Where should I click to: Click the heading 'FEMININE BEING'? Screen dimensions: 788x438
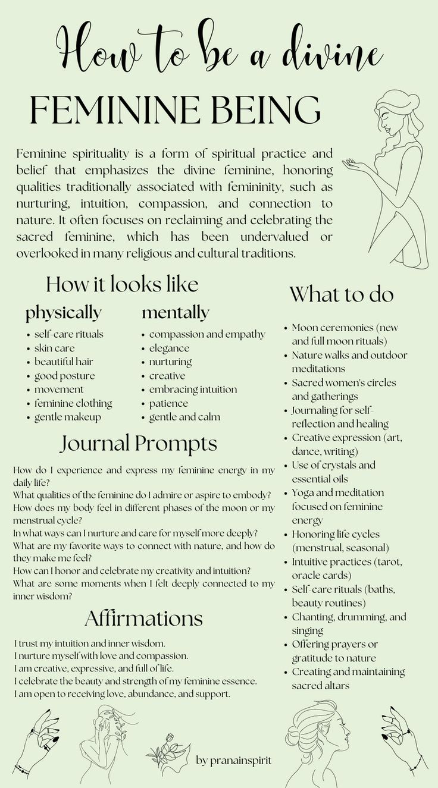[x=176, y=111]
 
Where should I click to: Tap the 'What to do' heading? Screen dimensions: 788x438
[x=342, y=295]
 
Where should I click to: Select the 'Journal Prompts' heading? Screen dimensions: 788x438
[x=138, y=444]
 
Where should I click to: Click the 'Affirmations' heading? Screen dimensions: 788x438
[x=143, y=618]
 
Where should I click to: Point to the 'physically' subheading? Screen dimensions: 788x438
[x=63, y=313]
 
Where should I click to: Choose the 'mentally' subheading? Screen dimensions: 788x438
[x=175, y=313]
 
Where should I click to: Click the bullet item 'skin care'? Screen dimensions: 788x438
[x=54, y=348]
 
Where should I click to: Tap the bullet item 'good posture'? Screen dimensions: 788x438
[x=64, y=376]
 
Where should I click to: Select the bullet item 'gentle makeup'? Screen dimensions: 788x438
[x=67, y=417]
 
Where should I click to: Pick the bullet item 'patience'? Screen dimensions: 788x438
[x=168, y=403]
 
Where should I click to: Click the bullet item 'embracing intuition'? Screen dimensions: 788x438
[x=193, y=390]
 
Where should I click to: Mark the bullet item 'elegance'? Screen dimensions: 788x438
[x=169, y=348]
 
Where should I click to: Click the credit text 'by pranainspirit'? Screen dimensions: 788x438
[x=233, y=760]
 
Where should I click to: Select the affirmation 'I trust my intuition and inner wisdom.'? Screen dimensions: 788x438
[x=89, y=643]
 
